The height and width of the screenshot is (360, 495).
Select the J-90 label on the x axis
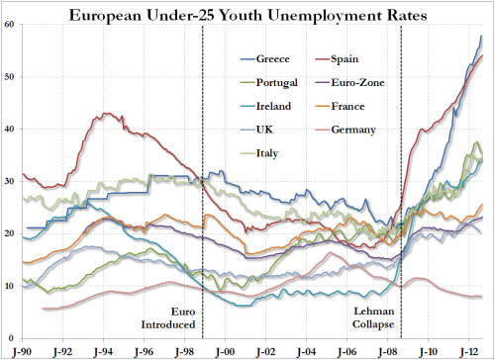point(20,349)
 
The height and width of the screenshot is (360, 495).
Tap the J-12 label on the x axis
point(471,349)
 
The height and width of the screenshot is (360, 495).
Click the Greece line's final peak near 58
point(481,37)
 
